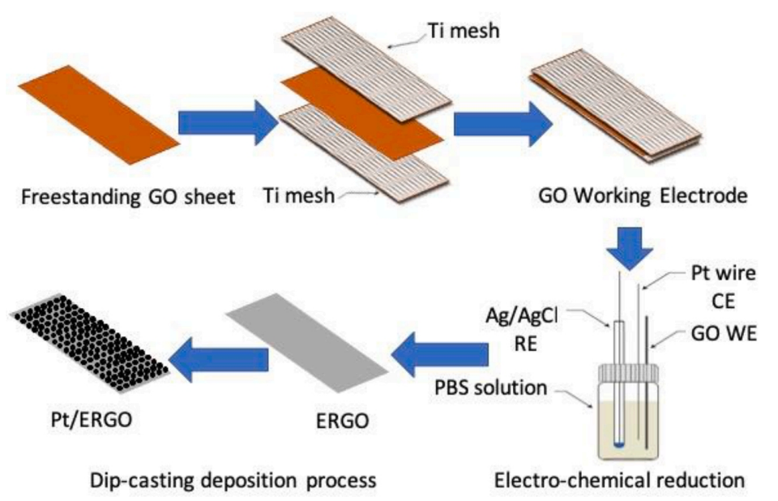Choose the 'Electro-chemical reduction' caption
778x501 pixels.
tap(619, 480)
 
